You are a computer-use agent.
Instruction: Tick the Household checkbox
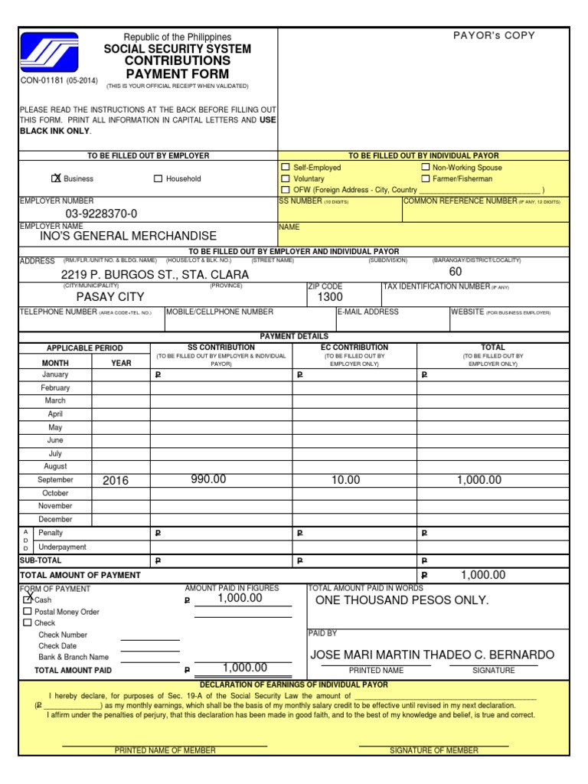pos(158,179)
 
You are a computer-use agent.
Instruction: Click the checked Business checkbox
pos(55,178)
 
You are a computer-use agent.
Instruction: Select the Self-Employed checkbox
pos(286,167)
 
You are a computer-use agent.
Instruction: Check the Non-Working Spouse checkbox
pos(425,167)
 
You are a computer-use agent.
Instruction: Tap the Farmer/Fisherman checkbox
pos(425,178)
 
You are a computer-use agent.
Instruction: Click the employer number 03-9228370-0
pos(101,214)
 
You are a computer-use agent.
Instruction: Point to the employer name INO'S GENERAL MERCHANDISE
pos(128,236)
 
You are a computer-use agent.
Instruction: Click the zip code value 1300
pos(330,296)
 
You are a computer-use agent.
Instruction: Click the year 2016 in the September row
pos(116,480)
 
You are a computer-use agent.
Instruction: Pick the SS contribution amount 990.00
pos(208,479)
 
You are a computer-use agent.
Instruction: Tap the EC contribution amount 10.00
pos(345,479)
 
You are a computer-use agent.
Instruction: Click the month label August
pos(55,466)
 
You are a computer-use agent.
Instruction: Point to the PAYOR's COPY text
pos(495,35)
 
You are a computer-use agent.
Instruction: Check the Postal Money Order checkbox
pos(28,612)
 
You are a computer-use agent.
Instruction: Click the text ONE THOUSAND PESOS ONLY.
pos(401,600)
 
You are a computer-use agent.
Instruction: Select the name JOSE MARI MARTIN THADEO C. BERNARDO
pos(432,655)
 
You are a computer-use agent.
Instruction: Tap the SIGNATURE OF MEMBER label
pos(433,750)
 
